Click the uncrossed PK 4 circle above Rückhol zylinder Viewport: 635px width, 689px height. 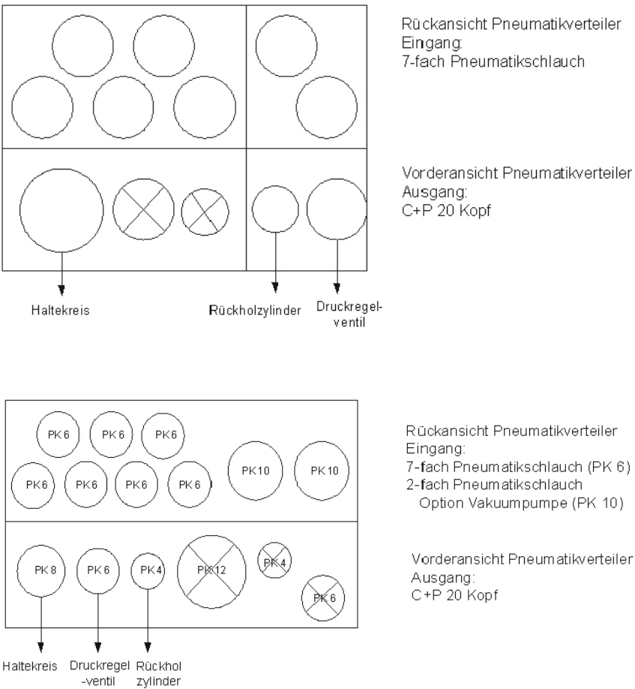tap(147, 570)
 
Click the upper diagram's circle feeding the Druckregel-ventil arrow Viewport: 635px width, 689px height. tap(337, 208)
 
